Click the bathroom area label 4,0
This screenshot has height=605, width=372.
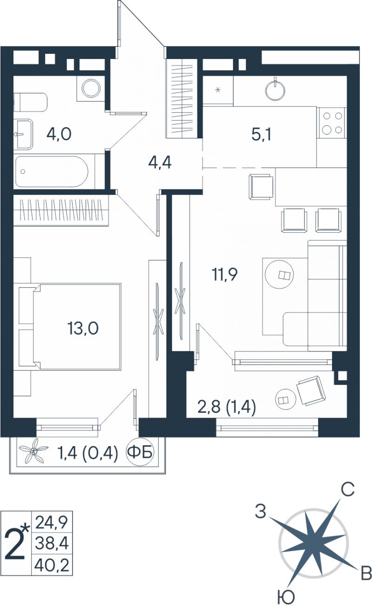[59, 134]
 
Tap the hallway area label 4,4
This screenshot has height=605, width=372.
[160, 163]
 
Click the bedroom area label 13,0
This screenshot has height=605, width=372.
[83, 328]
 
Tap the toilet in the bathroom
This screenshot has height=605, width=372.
[30, 103]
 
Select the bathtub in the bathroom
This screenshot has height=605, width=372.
[52, 171]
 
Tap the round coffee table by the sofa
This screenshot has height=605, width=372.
[279, 274]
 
